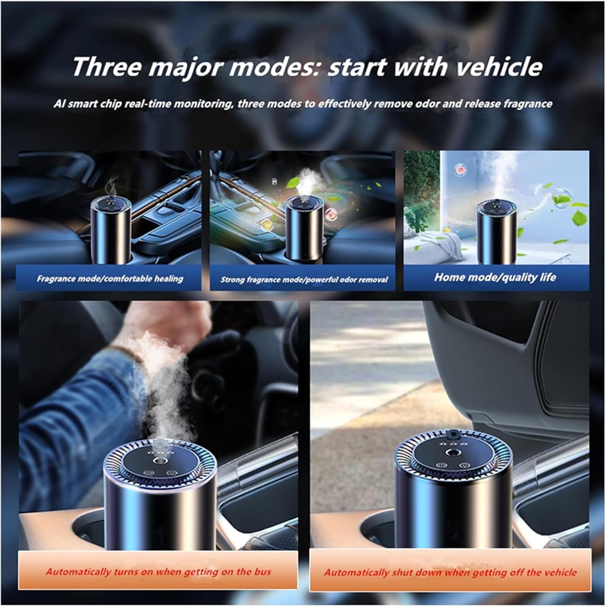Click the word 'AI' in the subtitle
tap(59, 104)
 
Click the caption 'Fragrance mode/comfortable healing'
tap(110, 279)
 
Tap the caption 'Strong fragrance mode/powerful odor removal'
tap(304, 279)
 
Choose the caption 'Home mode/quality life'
tap(495, 277)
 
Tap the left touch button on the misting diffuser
tap(148, 472)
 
